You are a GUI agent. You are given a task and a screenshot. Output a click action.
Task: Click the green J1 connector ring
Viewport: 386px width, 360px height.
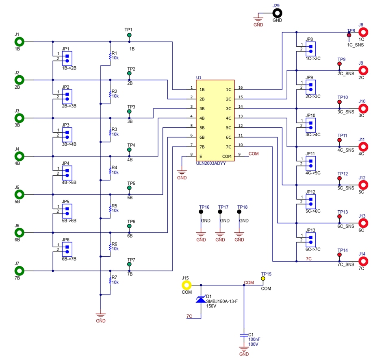[x=19, y=41]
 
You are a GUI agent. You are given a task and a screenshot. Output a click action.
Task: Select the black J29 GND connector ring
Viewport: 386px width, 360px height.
[x=277, y=13]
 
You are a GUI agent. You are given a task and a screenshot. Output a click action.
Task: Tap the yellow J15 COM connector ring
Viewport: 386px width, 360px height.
[x=186, y=285]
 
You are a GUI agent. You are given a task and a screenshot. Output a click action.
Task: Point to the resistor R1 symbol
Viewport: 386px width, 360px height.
[x=110, y=56]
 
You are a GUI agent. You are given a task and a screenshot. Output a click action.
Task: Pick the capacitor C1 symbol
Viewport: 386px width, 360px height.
[x=244, y=335]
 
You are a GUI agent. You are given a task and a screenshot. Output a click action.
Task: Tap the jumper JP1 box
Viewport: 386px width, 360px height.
[x=67, y=58]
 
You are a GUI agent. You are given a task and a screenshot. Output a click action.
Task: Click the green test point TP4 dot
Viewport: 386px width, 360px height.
[x=129, y=150]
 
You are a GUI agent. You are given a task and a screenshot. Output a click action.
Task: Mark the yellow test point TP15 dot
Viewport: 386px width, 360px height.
[x=263, y=279]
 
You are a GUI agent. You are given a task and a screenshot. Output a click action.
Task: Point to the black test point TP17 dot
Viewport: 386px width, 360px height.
[x=220, y=212]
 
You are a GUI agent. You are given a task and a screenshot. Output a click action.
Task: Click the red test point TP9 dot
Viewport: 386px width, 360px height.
[x=339, y=64]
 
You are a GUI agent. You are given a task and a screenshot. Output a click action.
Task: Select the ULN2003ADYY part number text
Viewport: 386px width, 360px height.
[x=211, y=163]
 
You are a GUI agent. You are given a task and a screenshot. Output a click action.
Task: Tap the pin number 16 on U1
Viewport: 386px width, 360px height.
[x=241, y=87]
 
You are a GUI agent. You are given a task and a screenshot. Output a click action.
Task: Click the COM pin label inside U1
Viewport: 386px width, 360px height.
[x=227, y=157]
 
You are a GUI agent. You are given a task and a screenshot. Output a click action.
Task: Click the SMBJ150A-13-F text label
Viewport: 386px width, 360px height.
[x=222, y=301]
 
